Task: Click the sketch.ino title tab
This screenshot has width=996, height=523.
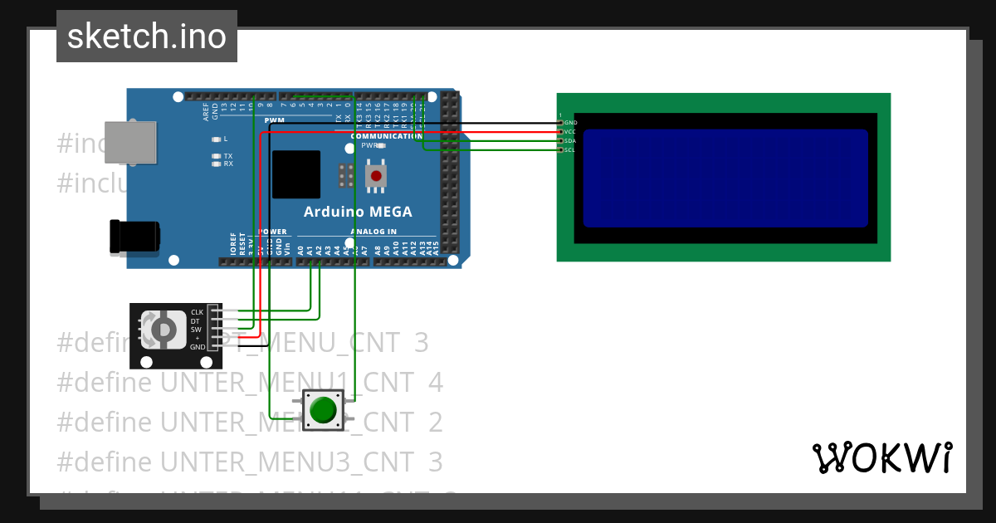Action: pyautogui.click(x=147, y=37)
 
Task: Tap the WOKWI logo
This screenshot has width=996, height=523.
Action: pyautogui.click(x=881, y=457)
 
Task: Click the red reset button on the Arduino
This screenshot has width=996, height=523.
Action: pyautogui.click(x=377, y=176)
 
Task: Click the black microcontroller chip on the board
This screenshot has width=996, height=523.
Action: pyautogui.click(x=295, y=174)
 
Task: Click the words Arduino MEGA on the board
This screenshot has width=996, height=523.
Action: pyautogui.click(x=358, y=212)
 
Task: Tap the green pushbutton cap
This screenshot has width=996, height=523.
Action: pyautogui.click(x=322, y=410)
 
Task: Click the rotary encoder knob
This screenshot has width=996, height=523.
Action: pyautogui.click(x=164, y=330)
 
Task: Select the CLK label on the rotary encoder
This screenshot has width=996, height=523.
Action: pyautogui.click(x=197, y=312)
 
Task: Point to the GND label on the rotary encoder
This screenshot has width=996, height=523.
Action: pyautogui.click(x=197, y=347)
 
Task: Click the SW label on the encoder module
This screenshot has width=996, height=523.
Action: pyautogui.click(x=196, y=330)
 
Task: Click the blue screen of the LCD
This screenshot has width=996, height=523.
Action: pyautogui.click(x=725, y=178)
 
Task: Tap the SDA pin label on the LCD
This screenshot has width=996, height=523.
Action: pyautogui.click(x=570, y=141)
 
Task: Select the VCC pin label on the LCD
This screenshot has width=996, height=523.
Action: pyautogui.click(x=570, y=132)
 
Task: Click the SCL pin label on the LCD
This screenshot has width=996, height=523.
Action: pyautogui.click(x=570, y=150)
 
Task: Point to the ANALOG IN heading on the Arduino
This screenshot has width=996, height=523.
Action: pyautogui.click(x=373, y=232)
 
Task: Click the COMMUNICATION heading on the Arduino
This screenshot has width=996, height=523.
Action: pyautogui.click(x=387, y=136)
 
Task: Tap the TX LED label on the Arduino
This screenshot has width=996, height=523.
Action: pyautogui.click(x=228, y=156)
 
